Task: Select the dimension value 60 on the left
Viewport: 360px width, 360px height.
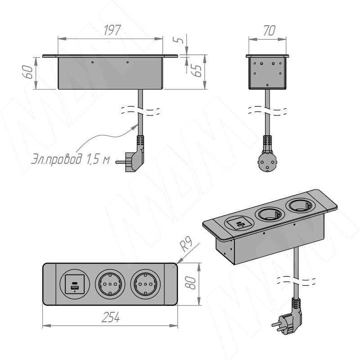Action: (x=28, y=72)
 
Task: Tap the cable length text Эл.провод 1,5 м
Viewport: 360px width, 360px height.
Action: (x=71, y=160)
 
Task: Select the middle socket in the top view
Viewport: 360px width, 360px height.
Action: (x=110, y=284)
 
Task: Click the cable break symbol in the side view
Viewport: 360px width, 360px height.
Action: (x=268, y=110)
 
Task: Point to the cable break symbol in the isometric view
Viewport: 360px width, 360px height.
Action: (x=297, y=282)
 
